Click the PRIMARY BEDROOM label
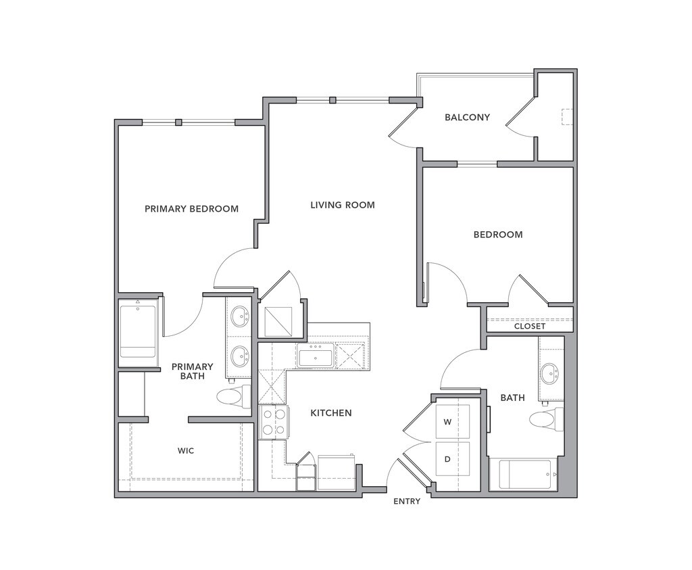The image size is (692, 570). pos(191,209)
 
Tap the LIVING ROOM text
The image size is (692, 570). pos(342,205)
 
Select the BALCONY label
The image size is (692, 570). pos(467,118)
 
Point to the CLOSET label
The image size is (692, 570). pos(529,326)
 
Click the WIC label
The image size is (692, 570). pos(186,450)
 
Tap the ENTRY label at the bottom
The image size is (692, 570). pos(407,501)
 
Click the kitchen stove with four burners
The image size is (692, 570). pos(273,422)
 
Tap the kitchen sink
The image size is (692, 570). pos(315,356)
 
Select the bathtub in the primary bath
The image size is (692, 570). pos(138,331)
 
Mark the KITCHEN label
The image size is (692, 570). pos(330,412)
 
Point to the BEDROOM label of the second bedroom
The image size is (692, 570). pos(497,235)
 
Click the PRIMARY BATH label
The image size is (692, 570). pos(192,371)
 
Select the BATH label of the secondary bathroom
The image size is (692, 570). pos(512,398)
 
